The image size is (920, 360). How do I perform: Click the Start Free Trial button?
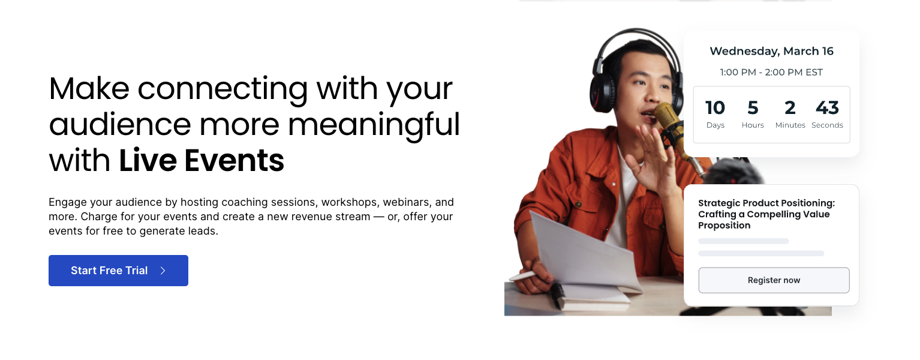click(118, 271)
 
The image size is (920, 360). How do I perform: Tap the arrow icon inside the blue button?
click(163, 271)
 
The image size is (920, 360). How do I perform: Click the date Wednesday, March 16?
click(771, 52)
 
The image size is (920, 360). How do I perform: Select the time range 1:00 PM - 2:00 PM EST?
click(771, 73)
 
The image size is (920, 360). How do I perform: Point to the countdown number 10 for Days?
click(715, 107)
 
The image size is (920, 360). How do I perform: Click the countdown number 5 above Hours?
click(753, 107)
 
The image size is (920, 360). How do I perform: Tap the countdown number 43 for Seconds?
click(827, 107)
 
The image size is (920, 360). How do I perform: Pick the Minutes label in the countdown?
click(790, 125)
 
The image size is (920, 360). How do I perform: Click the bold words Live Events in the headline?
click(202, 160)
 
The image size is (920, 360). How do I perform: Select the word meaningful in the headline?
click(374, 125)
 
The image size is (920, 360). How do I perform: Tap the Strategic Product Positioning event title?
click(766, 214)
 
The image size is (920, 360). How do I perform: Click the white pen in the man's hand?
click(523, 276)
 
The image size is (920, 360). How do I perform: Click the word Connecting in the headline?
click(223, 89)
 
